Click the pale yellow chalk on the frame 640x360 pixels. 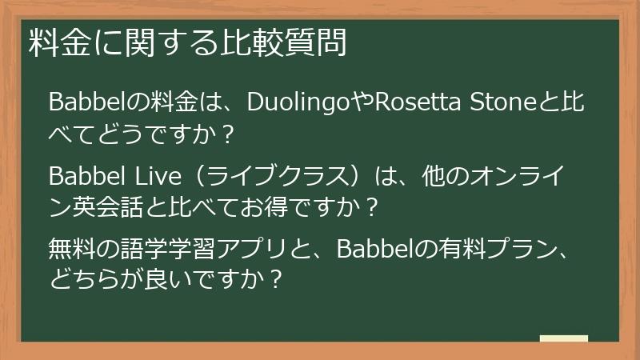563,339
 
